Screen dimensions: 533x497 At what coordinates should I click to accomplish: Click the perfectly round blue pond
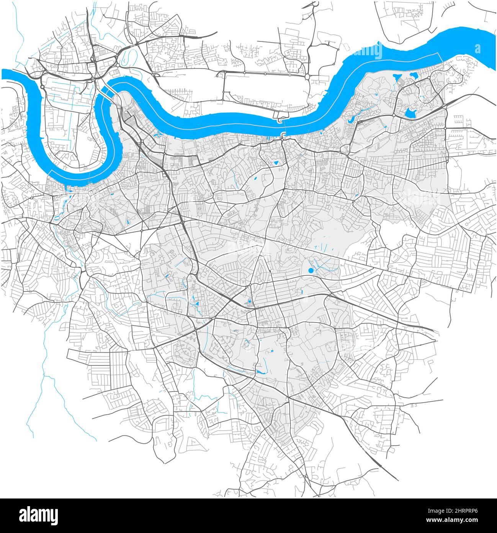[x=311, y=271]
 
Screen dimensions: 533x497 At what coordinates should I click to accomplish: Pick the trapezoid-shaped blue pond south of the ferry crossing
[x=276, y=163]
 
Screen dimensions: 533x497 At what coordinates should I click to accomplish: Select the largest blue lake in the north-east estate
[x=410, y=113]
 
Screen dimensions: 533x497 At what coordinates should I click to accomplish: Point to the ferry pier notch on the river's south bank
[x=283, y=134]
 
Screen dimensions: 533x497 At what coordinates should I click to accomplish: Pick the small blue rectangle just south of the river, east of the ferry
[x=321, y=133]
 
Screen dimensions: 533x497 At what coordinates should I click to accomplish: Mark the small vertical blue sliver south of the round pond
[x=302, y=292]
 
